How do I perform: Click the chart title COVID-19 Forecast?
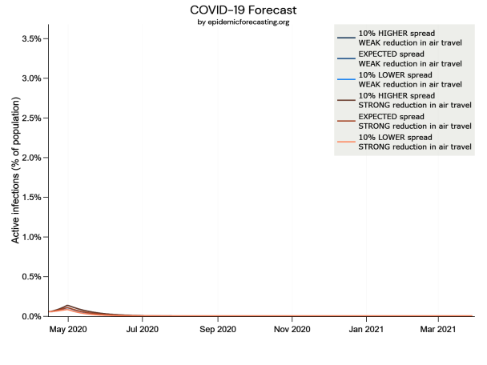point(243,9)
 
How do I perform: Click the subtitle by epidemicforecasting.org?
point(243,22)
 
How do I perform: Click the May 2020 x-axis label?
point(68,329)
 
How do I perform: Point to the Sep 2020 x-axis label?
point(217,329)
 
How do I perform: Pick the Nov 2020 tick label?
point(292,329)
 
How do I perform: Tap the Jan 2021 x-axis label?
point(366,329)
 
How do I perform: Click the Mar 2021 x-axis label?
point(437,329)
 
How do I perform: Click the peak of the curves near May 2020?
point(68,306)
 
